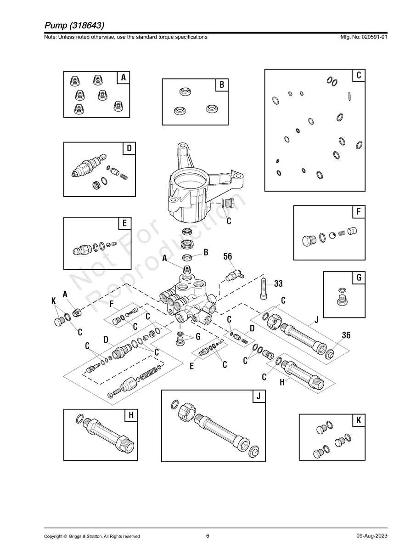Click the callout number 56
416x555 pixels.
tap(228, 256)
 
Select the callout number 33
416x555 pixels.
tap(278, 284)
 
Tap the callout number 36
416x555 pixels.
tap(346, 335)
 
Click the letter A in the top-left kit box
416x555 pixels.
tap(123, 78)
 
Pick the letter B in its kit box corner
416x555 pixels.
tap(222, 85)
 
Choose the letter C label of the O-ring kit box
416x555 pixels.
tap(359, 75)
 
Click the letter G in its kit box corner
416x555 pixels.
tap(359, 277)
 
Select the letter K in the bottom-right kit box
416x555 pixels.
tap(358, 420)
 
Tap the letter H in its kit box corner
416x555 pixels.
tap(131, 415)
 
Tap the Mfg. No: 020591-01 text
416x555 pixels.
tap(362, 37)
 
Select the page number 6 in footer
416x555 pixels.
tap(208, 536)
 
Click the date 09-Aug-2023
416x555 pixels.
tap(371, 536)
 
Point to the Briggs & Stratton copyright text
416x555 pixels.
tap(92, 536)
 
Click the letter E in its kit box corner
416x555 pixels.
tap(124, 224)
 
